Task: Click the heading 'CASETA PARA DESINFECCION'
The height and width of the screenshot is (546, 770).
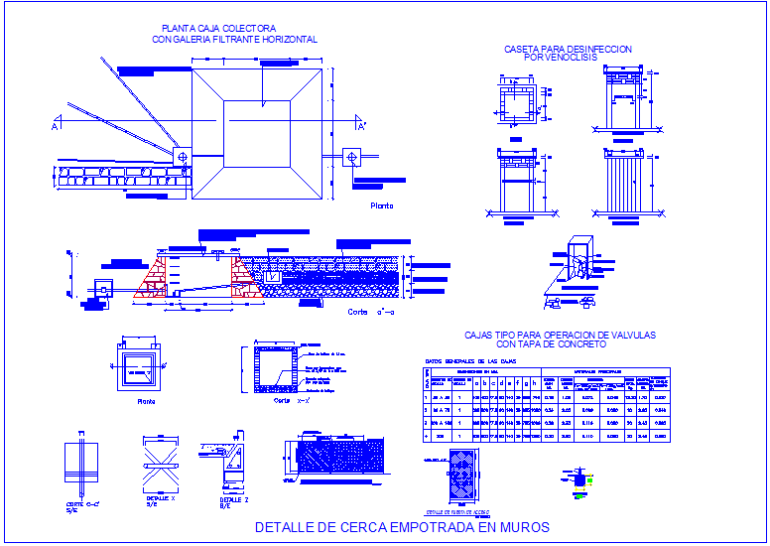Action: [x=568, y=49]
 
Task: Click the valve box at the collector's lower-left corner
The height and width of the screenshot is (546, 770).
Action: [x=182, y=156]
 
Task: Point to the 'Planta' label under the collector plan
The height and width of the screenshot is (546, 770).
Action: [x=381, y=205]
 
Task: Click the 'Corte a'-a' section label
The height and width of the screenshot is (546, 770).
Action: [x=372, y=312]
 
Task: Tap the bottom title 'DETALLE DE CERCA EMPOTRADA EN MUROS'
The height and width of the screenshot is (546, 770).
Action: [x=402, y=527]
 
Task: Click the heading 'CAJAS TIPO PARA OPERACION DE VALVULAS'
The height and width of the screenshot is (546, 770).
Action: [x=560, y=336]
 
